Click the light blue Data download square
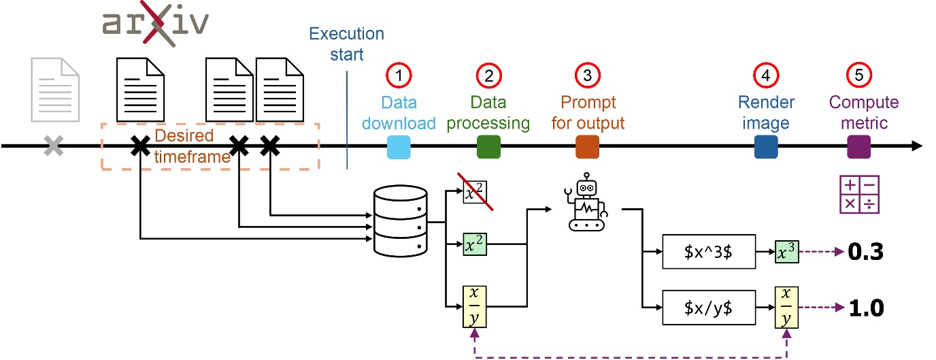[399, 146]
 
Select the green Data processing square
[488, 146]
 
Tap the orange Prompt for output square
[587, 146]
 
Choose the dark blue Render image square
[766, 146]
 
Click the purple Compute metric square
[858, 146]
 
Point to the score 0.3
[865, 253]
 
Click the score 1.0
[865, 309]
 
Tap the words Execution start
[347, 44]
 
